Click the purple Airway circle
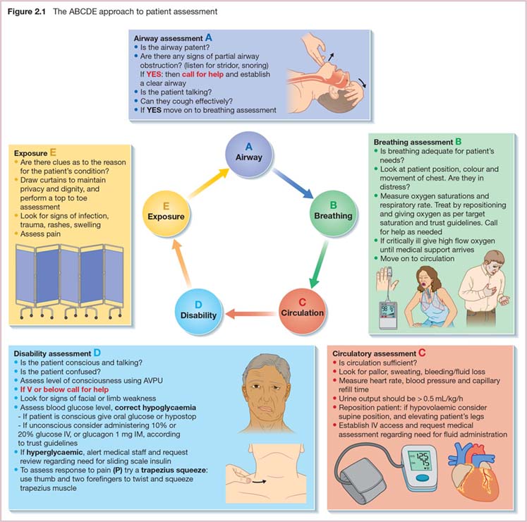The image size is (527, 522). [x=248, y=152]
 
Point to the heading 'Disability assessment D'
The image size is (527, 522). [x=57, y=352]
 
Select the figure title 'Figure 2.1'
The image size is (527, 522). [x=25, y=11]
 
